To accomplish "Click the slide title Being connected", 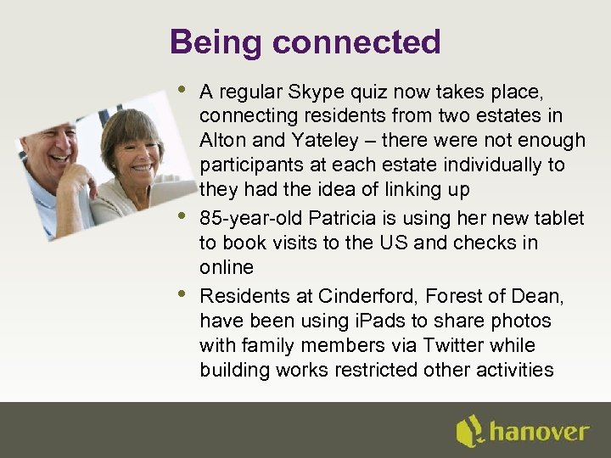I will click(305, 42).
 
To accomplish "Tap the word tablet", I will click(558, 218).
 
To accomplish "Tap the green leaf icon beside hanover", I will click(469, 431).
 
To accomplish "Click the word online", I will click(227, 267).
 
